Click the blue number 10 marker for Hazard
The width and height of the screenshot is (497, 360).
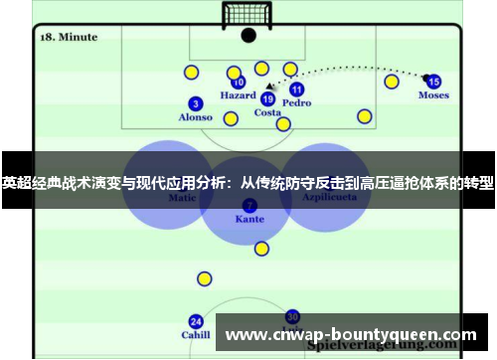[x=239, y=83]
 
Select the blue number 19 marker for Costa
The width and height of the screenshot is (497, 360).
[x=267, y=98]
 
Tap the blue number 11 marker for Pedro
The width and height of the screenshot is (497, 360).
[x=296, y=89]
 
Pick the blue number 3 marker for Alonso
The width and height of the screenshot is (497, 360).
[x=195, y=103]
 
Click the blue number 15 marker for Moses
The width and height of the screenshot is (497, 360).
[x=433, y=82]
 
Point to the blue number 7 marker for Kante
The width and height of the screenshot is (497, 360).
[x=249, y=205]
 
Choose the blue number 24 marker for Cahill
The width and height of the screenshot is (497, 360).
[x=196, y=321]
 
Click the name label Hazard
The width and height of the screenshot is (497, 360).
[x=238, y=96]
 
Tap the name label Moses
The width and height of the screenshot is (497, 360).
[x=433, y=95]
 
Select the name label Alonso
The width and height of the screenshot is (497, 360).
[x=195, y=117]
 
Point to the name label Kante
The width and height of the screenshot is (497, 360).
[x=249, y=218]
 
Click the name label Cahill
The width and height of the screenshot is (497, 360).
[x=196, y=335]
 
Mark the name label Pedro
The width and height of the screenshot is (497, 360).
[x=296, y=102]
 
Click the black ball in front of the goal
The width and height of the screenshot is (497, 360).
[x=248, y=35]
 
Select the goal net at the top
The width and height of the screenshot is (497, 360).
[x=248, y=14]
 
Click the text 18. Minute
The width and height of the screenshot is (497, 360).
[x=68, y=37]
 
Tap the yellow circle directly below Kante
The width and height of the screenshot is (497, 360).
[x=261, y=249]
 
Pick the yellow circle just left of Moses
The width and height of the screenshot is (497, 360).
[x=392, y=82]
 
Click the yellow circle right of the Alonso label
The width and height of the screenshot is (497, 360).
[x=231, y=119]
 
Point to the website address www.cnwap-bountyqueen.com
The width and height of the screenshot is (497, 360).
[x=353, y=334]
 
